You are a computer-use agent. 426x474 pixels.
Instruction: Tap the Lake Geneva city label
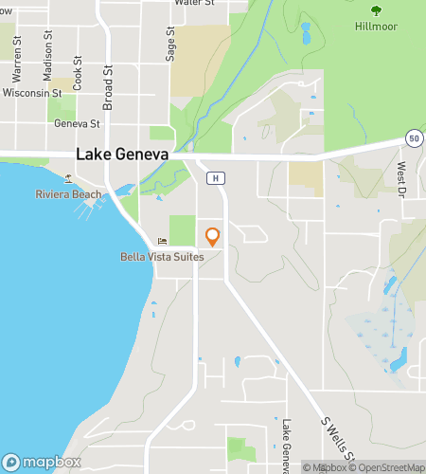pos(122,155)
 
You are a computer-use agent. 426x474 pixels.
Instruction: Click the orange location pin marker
pos(213,236)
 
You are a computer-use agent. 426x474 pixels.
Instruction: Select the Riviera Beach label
pos(68,194)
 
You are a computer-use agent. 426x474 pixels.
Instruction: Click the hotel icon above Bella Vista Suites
pos(162,242)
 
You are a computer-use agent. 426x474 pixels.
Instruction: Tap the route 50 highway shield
pos(414,138)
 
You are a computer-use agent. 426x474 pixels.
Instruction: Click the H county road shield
pos(216,177)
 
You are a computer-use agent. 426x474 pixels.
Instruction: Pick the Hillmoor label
pos(377,27)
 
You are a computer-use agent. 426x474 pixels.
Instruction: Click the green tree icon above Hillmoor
pos(377,10)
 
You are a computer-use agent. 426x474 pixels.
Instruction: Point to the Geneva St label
pos(77,123)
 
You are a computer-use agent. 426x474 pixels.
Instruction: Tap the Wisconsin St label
pos(32,94)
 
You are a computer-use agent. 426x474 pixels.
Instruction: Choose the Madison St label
pos(47,47)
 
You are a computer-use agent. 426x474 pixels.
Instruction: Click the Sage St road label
pos(170,45)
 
